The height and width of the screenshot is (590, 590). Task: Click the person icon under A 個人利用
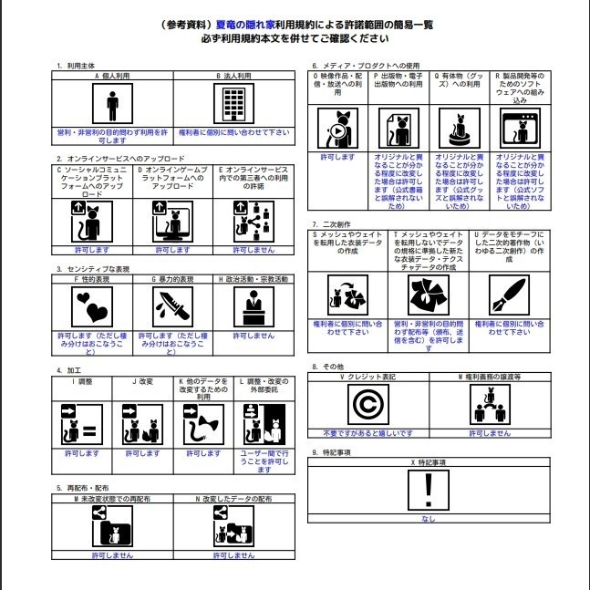coord(112,105)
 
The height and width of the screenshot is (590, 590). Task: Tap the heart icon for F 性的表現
coord(92,308)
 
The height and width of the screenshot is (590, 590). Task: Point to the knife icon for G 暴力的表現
coord(173,308)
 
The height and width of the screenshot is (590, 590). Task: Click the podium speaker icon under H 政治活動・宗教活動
coord(254,308)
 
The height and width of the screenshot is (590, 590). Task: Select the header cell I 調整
coord(80,380)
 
